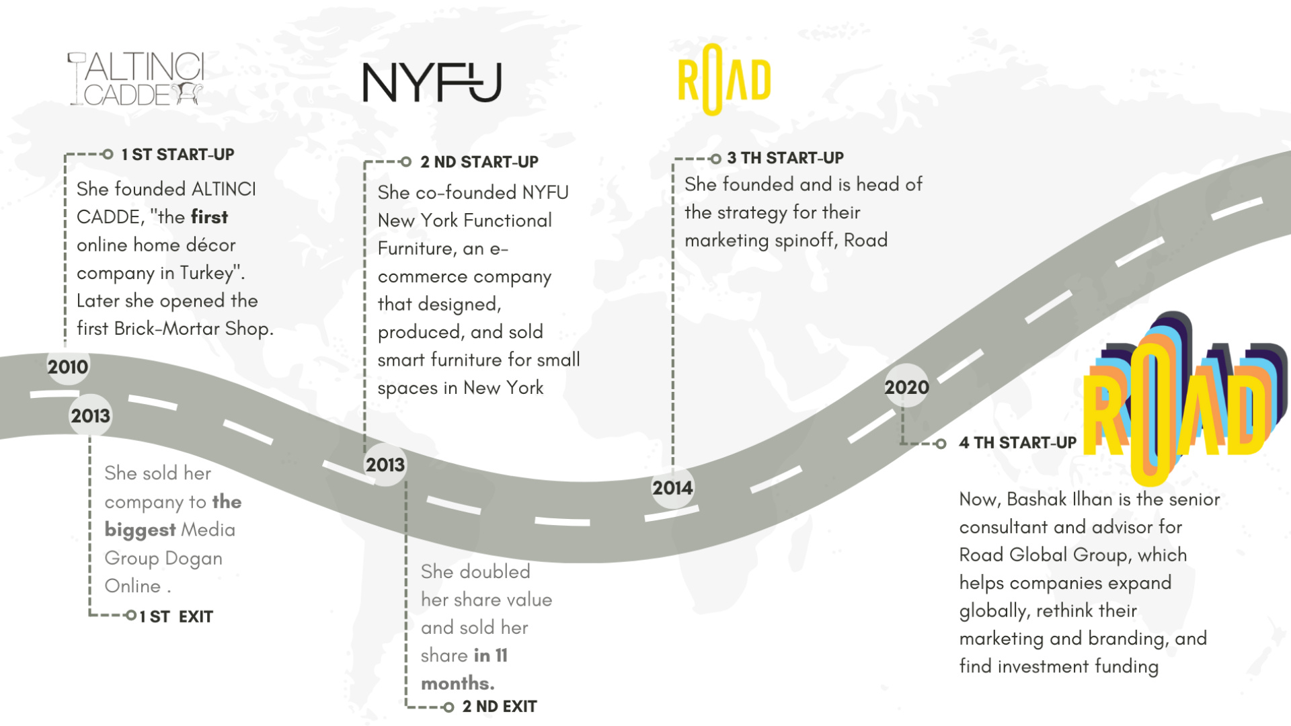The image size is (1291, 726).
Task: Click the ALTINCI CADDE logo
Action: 136,79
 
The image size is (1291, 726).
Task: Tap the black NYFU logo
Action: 432,83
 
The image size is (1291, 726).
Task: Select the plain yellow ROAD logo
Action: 723,80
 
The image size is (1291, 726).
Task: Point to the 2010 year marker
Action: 67,367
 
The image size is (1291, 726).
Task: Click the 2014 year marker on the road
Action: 672,488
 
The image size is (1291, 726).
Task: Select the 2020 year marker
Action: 906,387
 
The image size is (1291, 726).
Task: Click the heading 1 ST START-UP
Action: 178,155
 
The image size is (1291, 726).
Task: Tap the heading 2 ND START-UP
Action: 479,162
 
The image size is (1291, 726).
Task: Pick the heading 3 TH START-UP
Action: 785,158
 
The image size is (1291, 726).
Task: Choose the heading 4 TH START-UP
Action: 1017,443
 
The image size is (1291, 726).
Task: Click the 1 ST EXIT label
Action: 176,617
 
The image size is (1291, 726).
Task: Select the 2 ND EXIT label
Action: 500,707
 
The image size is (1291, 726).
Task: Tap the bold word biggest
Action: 140,530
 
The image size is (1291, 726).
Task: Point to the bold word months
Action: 457,684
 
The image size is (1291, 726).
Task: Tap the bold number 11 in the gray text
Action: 501,655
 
